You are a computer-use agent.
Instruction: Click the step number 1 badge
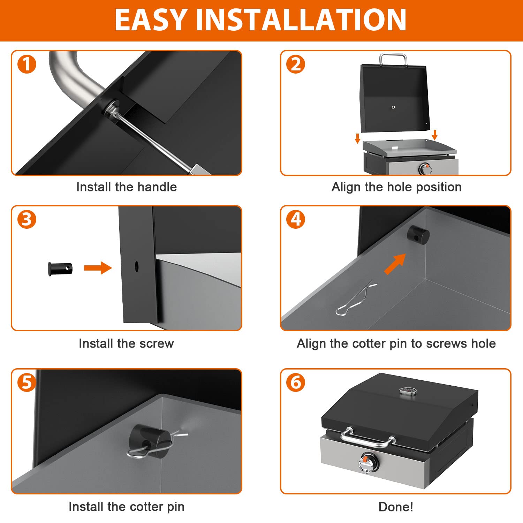[27, 64]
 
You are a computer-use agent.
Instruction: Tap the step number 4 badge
[296, 219]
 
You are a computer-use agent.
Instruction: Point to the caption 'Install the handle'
[127, 187]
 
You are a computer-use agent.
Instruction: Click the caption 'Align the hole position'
[396, 187]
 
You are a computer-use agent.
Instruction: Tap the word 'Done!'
[396, 507]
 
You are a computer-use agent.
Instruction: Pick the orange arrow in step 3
[98, 268]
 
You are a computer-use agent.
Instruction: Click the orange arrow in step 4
[395, 264]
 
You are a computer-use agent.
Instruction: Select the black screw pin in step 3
[60, 269]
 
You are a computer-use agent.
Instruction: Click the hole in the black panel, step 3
[136, 267]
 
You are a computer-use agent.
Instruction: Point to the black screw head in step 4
[418, 235]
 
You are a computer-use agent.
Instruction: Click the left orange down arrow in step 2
[357, 138]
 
